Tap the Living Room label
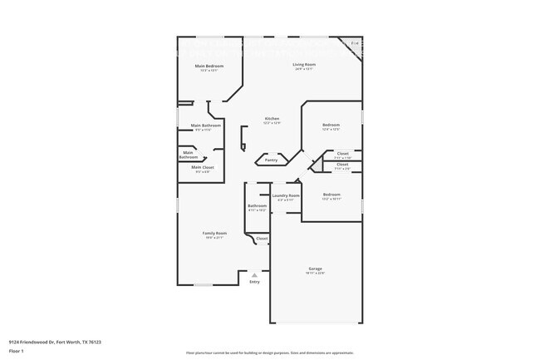point(303,64)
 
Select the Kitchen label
point(272,118)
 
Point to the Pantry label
point(272,160)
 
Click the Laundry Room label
point(286,195)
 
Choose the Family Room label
point(214,233)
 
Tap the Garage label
point(316,269)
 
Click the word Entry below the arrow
point(255,282)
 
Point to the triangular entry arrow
point(255,274)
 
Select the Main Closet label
point(203,167)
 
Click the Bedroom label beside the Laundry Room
point(331,195)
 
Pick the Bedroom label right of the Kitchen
point(331,125)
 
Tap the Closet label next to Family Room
point(262,239)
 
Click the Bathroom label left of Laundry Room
point(257,205)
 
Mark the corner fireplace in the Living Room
point(356,43)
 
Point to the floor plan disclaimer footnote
point(269,353)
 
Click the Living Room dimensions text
point(303,69)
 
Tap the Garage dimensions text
point(316,274)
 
